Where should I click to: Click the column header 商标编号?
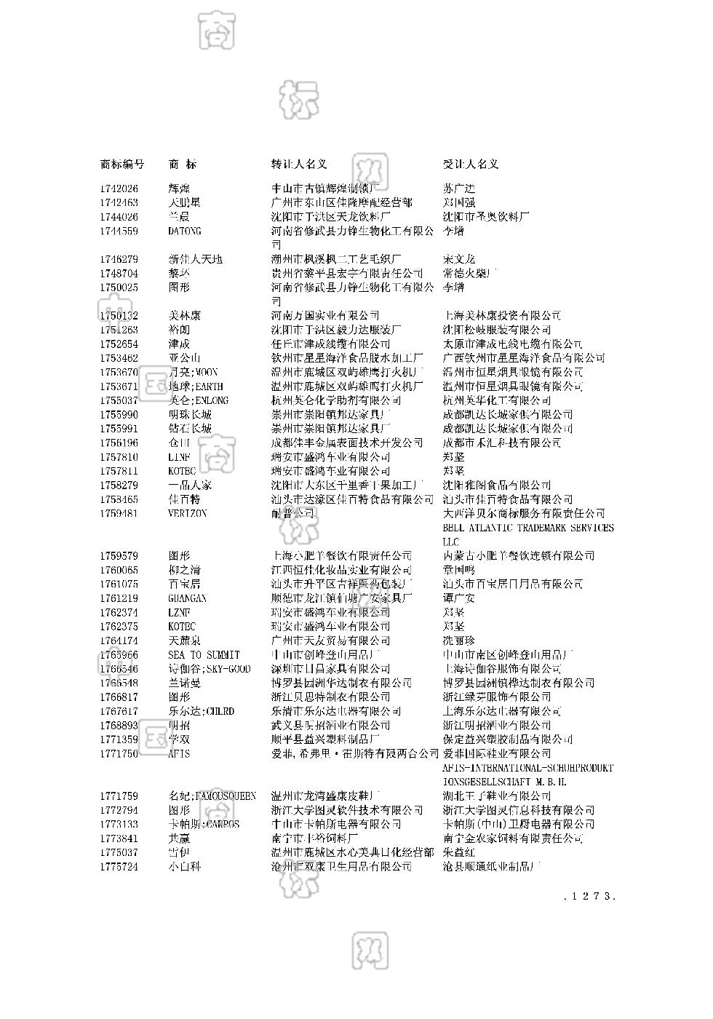point(122,164)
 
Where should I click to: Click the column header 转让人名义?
point(299,164)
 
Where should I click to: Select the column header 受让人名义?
point(471,164)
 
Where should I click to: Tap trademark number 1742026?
point(119,189)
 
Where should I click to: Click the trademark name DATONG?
point(185,231)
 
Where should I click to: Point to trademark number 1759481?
point(119,513)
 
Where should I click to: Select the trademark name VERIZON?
point(188,513)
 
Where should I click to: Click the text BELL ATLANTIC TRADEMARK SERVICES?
point(527,528)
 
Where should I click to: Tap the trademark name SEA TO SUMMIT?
point(204,654)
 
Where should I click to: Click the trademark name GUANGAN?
point(188,598)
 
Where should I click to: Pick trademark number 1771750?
point(119,753)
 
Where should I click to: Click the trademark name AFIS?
point(179,753)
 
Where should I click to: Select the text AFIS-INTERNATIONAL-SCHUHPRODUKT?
point(527,768)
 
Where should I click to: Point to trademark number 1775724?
point(119,867)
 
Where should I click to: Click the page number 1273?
point(590,896)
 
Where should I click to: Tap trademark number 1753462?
point(119,358)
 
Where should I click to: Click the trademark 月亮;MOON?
point(193,372)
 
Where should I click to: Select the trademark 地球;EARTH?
point(196,386)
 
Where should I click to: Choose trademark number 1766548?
point(119,683)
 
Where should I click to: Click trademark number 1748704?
point(119,274)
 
